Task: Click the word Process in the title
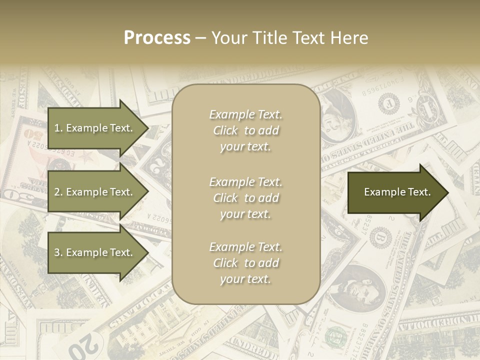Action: [157, 38]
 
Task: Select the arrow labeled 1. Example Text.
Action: [97, 128]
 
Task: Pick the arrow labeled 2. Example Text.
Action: [97, 192]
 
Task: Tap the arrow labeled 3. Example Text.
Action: [97, 252]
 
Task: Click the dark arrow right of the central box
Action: [397, 192]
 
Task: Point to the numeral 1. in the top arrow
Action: [58, 128]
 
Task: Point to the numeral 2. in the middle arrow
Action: [58, 192]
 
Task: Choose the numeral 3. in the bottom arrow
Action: [58, 252]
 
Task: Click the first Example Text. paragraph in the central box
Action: [245, 130]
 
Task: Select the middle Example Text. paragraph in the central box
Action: [245, 198]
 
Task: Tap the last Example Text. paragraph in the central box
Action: [245, 263]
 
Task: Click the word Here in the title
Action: [350, 38]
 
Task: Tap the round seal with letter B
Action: [383, 235]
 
